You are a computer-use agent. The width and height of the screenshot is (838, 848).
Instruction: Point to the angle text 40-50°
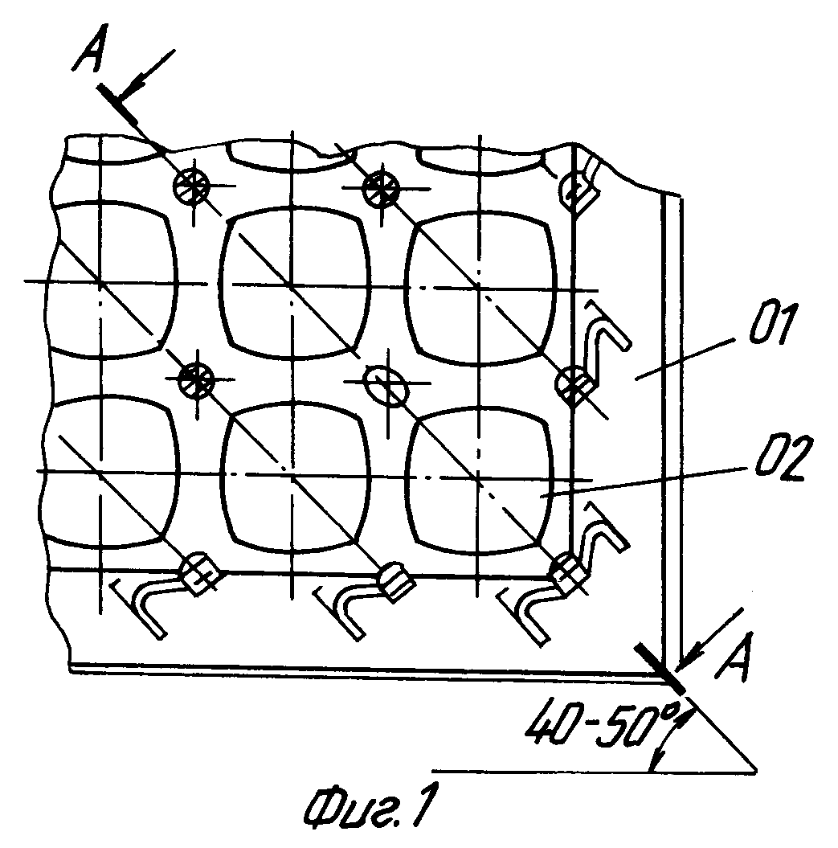tap(601, 730)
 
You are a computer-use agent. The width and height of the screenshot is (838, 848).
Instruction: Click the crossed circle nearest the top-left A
tap(191, 186)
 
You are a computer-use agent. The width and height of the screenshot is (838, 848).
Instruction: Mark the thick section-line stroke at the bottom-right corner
tap(660, 669)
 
